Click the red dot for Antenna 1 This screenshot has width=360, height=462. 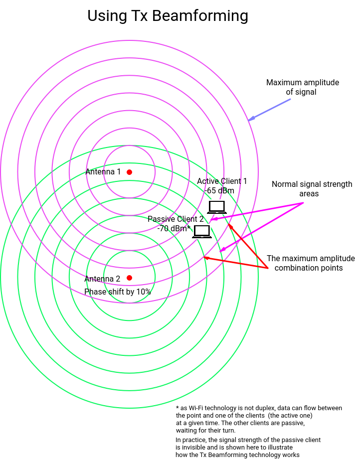click(129, 172)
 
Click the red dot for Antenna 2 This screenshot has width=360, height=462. click(129, 278)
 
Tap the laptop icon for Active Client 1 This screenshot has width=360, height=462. click(217, 207)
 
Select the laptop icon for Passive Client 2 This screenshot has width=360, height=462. click(202, 231)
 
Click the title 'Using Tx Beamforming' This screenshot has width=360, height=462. click(168, 16)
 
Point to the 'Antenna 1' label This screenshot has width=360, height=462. click(103, 172)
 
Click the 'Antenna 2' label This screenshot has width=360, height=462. click(102, 279)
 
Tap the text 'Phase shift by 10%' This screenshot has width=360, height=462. click(117, 292)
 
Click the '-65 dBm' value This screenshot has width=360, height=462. click(219, 190)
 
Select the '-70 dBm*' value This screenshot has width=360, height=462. click(174, 229)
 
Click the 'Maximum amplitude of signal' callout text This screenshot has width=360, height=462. click(302, 87)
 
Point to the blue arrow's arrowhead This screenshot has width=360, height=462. click(250, 119)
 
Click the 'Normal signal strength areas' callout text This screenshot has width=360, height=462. click(312, 189)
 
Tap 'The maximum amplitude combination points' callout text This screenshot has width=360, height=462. click(311, 263)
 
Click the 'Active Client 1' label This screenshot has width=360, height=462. click(222, 181)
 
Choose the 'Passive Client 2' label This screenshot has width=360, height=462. click(176, 219)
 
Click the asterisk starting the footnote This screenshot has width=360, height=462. click(178, 408)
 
